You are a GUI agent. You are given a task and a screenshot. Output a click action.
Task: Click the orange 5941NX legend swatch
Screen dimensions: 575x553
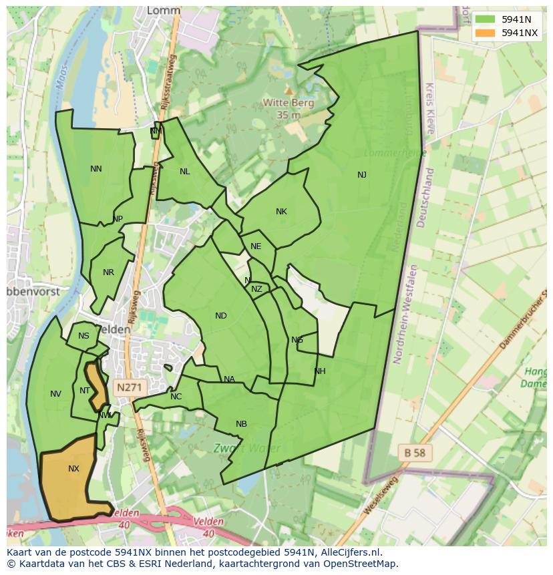click(486, 33)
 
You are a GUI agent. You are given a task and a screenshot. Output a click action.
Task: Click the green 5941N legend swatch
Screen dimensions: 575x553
click(486, 19)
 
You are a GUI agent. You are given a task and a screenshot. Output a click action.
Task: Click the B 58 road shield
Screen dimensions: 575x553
click(415, 452)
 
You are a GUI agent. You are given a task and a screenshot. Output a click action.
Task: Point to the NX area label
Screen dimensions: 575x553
click(73, 469)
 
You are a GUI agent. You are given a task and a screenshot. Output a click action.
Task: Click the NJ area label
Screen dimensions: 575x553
click(362, 175)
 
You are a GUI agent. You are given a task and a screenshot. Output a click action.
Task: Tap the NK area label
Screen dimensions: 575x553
click(281, 212)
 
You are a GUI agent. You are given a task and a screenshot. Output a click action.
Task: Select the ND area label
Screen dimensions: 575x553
click(221, 316)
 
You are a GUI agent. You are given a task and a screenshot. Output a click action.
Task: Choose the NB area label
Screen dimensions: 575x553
click(241, 424)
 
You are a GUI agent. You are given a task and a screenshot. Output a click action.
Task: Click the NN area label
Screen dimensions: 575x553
click(96, 169)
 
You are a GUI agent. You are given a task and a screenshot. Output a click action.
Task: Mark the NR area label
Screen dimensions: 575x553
click(109, 272)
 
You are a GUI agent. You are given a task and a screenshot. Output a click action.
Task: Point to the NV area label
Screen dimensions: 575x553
click(55, 394)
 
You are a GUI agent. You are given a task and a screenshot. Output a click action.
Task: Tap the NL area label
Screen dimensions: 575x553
click(185, 172)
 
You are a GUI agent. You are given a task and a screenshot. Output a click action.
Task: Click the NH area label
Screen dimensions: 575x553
click(320, 371)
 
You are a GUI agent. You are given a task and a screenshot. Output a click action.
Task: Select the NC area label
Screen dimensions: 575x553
click(176, 397)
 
